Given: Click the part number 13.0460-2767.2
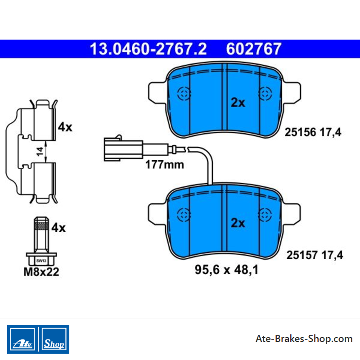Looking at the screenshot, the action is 148,49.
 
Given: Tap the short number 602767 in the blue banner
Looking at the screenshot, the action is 254,49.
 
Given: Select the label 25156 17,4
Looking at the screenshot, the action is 313,132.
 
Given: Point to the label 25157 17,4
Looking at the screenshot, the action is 315,255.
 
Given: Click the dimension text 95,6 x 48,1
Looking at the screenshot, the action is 226,270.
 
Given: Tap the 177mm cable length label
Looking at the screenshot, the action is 165,165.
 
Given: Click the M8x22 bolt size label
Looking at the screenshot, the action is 41,272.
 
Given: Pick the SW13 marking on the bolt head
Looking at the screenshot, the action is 41,261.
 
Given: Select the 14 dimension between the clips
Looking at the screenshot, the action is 40,152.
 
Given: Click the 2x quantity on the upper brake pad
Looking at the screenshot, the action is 238,103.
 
